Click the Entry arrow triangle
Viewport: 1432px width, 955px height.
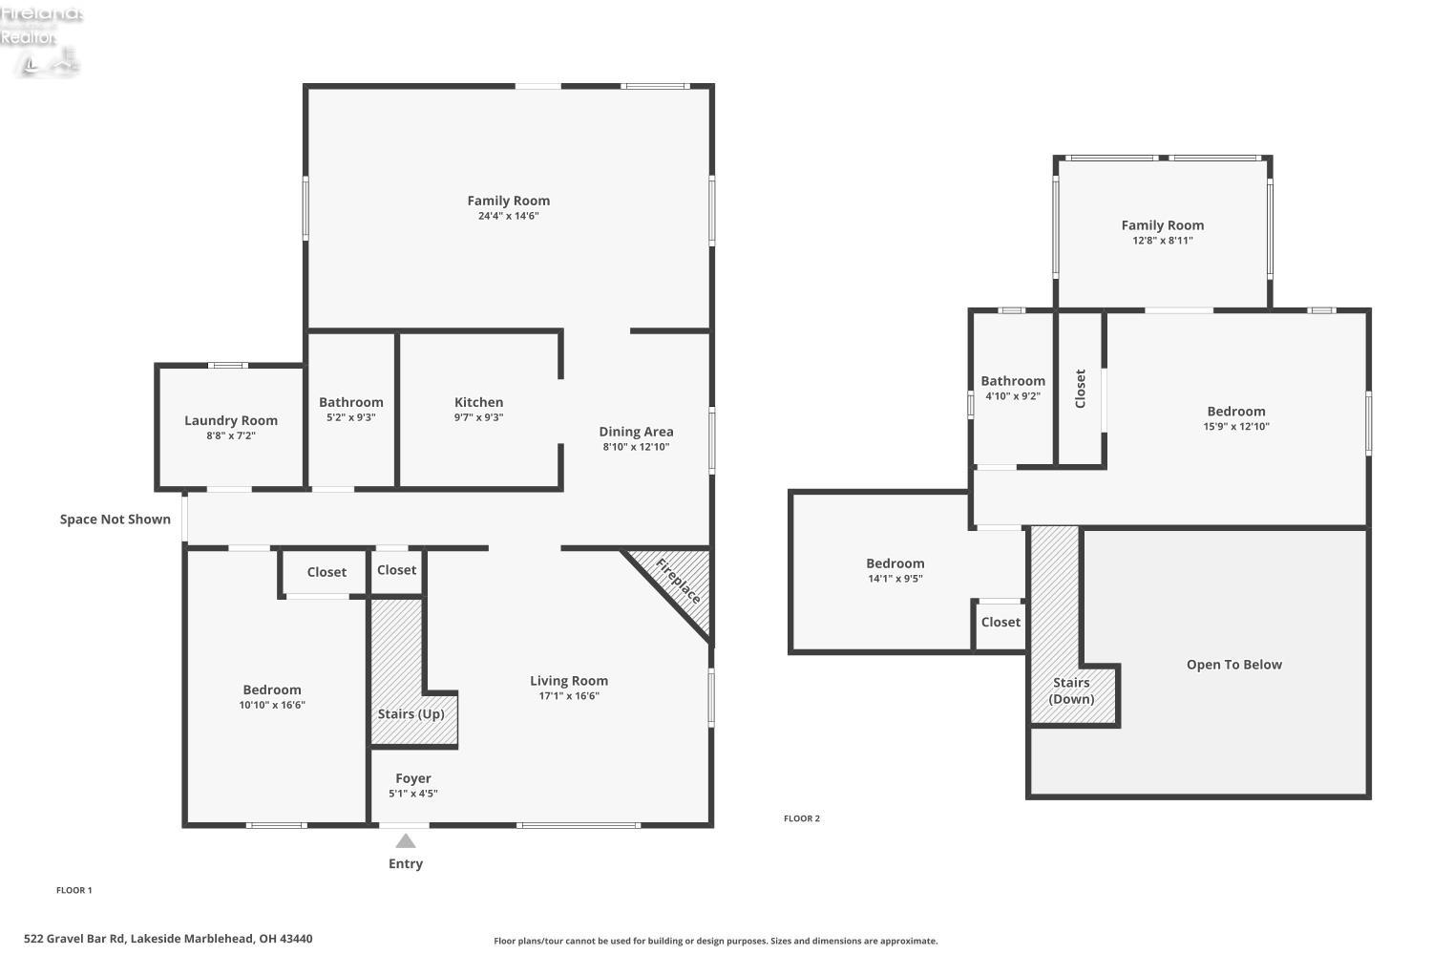pos(406,840)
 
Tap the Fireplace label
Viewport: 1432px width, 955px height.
pos(678,581)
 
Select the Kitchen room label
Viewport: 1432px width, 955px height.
pos(479,402)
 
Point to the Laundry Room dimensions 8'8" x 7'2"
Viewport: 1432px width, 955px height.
pos(231,435)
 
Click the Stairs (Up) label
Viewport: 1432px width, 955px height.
pos(411,713)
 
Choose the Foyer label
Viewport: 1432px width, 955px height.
pos(413,778)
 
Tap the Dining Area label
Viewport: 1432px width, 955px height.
pos(636,432)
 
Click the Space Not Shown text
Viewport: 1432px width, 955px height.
pos(116,519)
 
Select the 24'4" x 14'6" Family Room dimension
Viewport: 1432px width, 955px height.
pos(508,216)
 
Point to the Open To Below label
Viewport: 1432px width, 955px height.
pos(1234,665)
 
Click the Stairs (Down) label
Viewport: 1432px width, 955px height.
pos(1071,690)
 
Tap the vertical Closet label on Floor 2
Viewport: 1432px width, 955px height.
pos(1081,389)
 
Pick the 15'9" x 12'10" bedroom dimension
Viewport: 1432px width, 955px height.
pos(1236,426)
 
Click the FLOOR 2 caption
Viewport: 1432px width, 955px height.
pos(802,818)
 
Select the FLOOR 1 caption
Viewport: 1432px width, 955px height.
pos(74,890)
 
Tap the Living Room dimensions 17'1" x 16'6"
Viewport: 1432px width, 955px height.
pos(568,696)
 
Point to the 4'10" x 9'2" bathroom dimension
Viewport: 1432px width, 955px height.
pos(1013,396)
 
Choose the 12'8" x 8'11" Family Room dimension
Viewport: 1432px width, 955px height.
pos(1162,241)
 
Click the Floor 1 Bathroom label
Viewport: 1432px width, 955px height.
pos(351,402)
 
